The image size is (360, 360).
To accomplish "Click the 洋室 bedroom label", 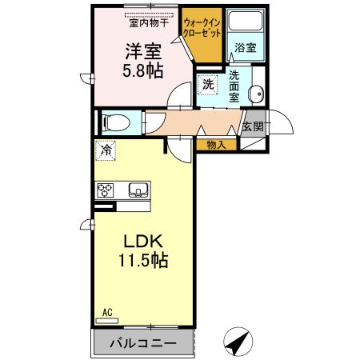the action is [x=143, y=51].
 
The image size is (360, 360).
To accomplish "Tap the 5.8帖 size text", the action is [x=143, y=71].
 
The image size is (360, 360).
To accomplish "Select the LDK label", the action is [x=143, y=242].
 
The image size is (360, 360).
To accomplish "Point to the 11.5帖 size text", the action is [x=143, y=261].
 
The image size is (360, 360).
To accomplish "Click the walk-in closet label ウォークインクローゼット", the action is [x=202, y=28].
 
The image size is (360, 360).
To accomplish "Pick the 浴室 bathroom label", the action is [x=246, y=48].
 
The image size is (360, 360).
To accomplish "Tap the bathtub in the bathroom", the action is [x=246, y=21].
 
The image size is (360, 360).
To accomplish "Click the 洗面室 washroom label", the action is [x=234, y=86].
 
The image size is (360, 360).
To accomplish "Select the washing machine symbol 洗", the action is [x=208, y=85].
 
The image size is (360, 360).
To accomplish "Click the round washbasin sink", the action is [x=256, y=94].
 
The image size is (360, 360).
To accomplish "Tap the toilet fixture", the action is [x=116, y=122].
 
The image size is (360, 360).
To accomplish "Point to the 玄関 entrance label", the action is [x=253, y=126].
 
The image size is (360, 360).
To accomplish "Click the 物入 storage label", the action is [x=216, y=145].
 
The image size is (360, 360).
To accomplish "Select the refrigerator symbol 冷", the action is [x=106, y=150].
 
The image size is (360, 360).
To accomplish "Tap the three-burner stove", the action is [x=105, y=190].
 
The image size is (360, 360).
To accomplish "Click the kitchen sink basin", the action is [x=138, y=190].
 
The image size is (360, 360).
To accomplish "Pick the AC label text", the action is [x=107, y=312].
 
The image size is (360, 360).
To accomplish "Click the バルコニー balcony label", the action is [x=143, y=343].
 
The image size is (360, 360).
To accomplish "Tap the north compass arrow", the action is [x=238, y=342].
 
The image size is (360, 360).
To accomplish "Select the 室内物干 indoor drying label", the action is [x=149, y=23].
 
